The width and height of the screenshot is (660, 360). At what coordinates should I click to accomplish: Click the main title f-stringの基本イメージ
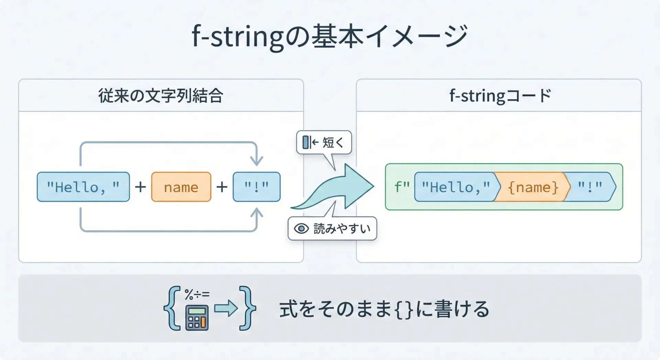tap(329, 36)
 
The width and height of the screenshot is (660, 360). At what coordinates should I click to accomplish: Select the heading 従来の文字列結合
tap(161, 96)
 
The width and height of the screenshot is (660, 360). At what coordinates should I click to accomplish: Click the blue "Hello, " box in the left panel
tap(83, 187)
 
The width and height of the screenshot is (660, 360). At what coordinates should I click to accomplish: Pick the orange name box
tap(181, 187)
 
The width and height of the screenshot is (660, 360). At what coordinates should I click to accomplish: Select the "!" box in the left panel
tap(256, 187)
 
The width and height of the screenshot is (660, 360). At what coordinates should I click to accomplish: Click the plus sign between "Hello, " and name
tap(140, 187)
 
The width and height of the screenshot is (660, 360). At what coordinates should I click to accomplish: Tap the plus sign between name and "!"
tap(222, 187)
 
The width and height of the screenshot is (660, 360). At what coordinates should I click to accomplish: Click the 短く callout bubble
tap(324, 142)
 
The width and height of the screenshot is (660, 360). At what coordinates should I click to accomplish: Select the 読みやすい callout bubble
tap(332, 229)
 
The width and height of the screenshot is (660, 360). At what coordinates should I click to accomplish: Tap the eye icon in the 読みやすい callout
tap(301, 229)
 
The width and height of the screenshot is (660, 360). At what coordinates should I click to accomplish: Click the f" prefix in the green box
tap(401, 187)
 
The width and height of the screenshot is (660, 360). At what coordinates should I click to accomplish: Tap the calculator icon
tap(197, 318)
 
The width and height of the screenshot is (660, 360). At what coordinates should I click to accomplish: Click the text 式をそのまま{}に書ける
tap(384, 309)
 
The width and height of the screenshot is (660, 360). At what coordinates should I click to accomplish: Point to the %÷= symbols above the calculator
tap(197, 294)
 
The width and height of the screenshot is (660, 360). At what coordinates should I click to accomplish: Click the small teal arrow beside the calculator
tap(226, 308)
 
